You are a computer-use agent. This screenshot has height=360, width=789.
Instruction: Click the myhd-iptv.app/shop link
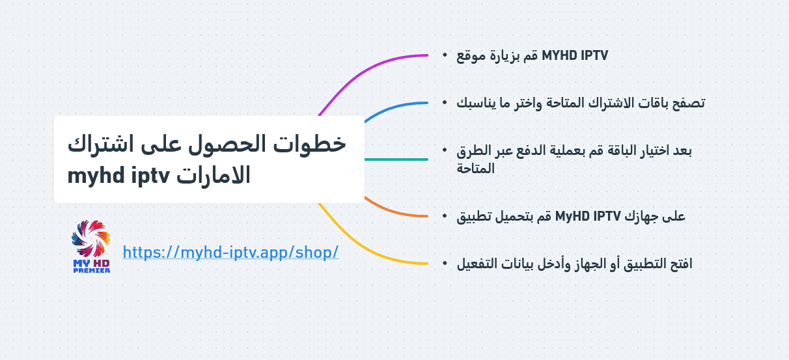[x=230, y=252]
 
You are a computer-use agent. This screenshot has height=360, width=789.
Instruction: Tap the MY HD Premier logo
[x=91, y=247]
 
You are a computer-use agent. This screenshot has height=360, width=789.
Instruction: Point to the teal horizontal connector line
[x=396, y=159]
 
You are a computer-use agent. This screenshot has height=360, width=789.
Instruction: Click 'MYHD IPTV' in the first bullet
[x=575, y=55]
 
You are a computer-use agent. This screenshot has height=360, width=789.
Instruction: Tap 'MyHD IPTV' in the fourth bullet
[x=588, y=216]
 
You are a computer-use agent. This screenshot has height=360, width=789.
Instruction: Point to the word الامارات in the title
[x=214, y=175]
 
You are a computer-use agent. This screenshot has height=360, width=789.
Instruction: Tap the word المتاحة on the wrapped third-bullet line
[x=475, y=169]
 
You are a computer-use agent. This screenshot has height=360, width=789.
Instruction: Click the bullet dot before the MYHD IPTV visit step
[x=445, y=55]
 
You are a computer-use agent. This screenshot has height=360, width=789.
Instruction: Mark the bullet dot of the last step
[x=445, y=263]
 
